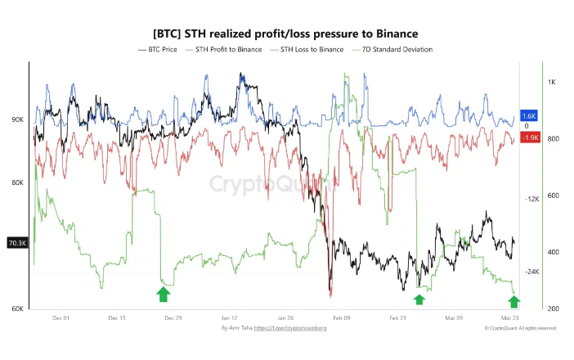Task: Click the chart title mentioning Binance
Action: (286, 34)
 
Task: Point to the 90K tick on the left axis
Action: (40, 119)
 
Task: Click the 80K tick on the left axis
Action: (40, 182)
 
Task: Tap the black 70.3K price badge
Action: (17, 242)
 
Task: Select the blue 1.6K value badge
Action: (528, 117)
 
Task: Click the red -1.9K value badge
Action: (528, 137)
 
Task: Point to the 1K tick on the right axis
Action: (552, 82)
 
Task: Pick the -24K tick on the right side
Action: (531, 272)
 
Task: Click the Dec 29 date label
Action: (173, 317)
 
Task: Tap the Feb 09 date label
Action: (341, 317)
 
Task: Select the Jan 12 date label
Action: (229, 317)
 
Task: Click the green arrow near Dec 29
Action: (164, 295)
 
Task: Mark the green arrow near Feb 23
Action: (419, 299)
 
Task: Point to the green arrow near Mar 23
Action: (514, 301)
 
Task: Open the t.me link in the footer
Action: (292, 328)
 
